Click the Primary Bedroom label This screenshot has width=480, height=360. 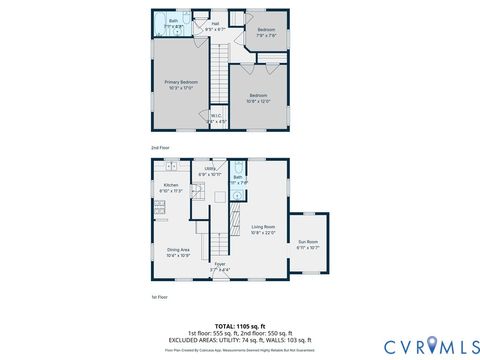tap(181, 85)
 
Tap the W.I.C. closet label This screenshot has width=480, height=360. tap(216, 118)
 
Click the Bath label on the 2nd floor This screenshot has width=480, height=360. tap(174, 22)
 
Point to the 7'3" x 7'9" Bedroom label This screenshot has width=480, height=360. tap(265, 33)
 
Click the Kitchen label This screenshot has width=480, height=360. tap(172, 188)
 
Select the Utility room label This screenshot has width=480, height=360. tap(210, 171)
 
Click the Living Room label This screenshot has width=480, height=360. tap(264, 229)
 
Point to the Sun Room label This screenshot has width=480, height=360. tap(308, 244)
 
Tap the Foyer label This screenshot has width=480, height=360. tap(220, 267)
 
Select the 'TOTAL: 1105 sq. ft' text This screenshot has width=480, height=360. tap(240, 325)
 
